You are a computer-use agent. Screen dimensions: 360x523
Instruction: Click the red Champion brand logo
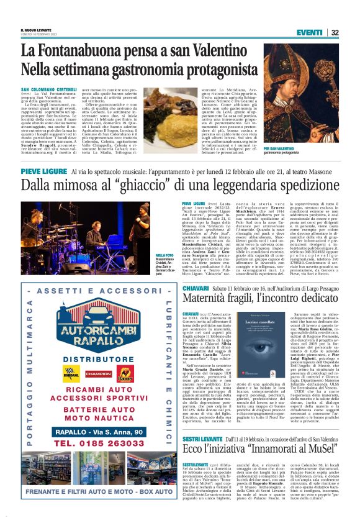point(99,373)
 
